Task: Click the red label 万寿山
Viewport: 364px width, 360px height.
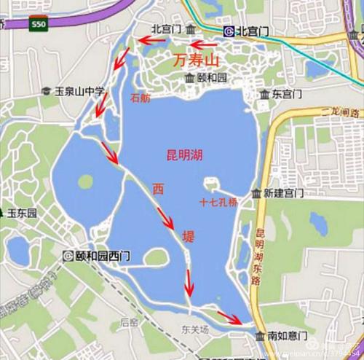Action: [197, 60]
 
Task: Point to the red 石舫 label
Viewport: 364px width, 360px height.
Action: [140, 98]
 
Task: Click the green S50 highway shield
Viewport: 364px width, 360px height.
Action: [39, 24]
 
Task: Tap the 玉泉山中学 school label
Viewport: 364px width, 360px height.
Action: [80, 92]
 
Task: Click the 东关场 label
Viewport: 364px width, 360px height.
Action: [195, 329]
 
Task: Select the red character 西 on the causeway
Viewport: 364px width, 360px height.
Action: [157, 189]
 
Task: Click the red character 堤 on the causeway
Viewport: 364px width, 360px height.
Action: [188, 235]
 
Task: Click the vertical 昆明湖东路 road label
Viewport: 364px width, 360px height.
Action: [259, 255]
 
